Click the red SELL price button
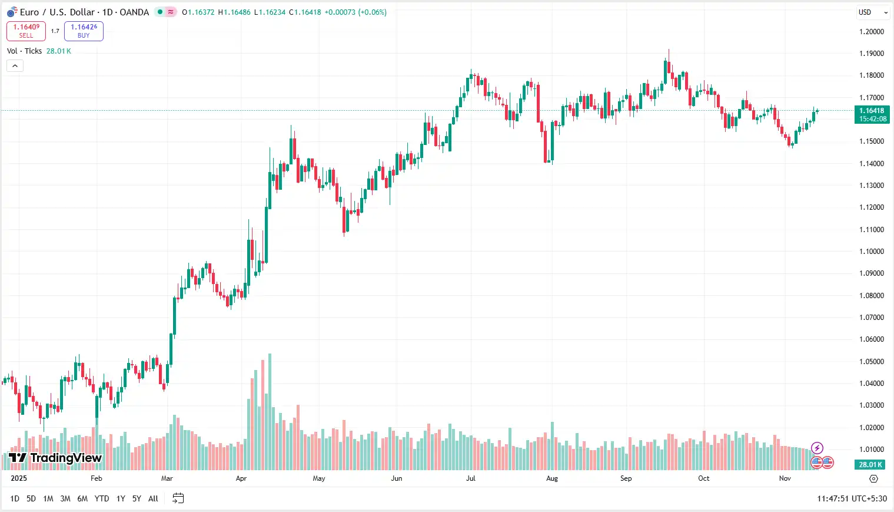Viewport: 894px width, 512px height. coord(26,31)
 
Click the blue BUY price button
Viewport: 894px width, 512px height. coord(84,31)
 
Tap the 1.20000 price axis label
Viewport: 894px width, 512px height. coord(871,32)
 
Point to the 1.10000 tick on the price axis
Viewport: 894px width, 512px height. coord(871,252)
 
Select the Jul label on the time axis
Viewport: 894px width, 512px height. coord(471,478)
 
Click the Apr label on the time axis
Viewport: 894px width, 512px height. coord(241,478)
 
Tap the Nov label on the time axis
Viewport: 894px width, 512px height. coord(785,478)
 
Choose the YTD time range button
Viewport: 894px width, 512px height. coord(102,498)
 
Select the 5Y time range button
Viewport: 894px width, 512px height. coord(137,498)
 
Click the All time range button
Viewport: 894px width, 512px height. coord(153,498)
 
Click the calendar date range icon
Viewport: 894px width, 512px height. coord(178,498)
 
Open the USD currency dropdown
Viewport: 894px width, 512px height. coord(873,12)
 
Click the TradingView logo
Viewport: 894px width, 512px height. coord(55,458)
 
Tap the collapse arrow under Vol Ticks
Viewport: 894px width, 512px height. coord(15,65)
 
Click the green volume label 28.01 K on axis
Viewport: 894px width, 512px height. coord(870,464)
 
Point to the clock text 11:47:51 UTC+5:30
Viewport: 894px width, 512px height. coord(852,498)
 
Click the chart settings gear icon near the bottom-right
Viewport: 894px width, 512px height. coord(873,478)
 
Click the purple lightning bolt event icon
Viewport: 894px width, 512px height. coord(817,448)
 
